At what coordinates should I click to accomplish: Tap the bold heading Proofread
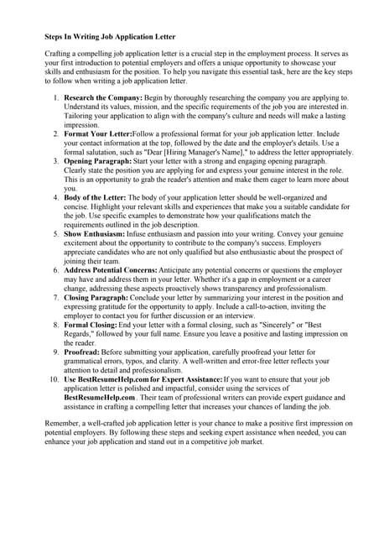(83, 352)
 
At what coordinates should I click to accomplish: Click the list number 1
(56, 98)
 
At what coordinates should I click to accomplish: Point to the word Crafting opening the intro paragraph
(59, 54)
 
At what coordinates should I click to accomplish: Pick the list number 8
(56, 324)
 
